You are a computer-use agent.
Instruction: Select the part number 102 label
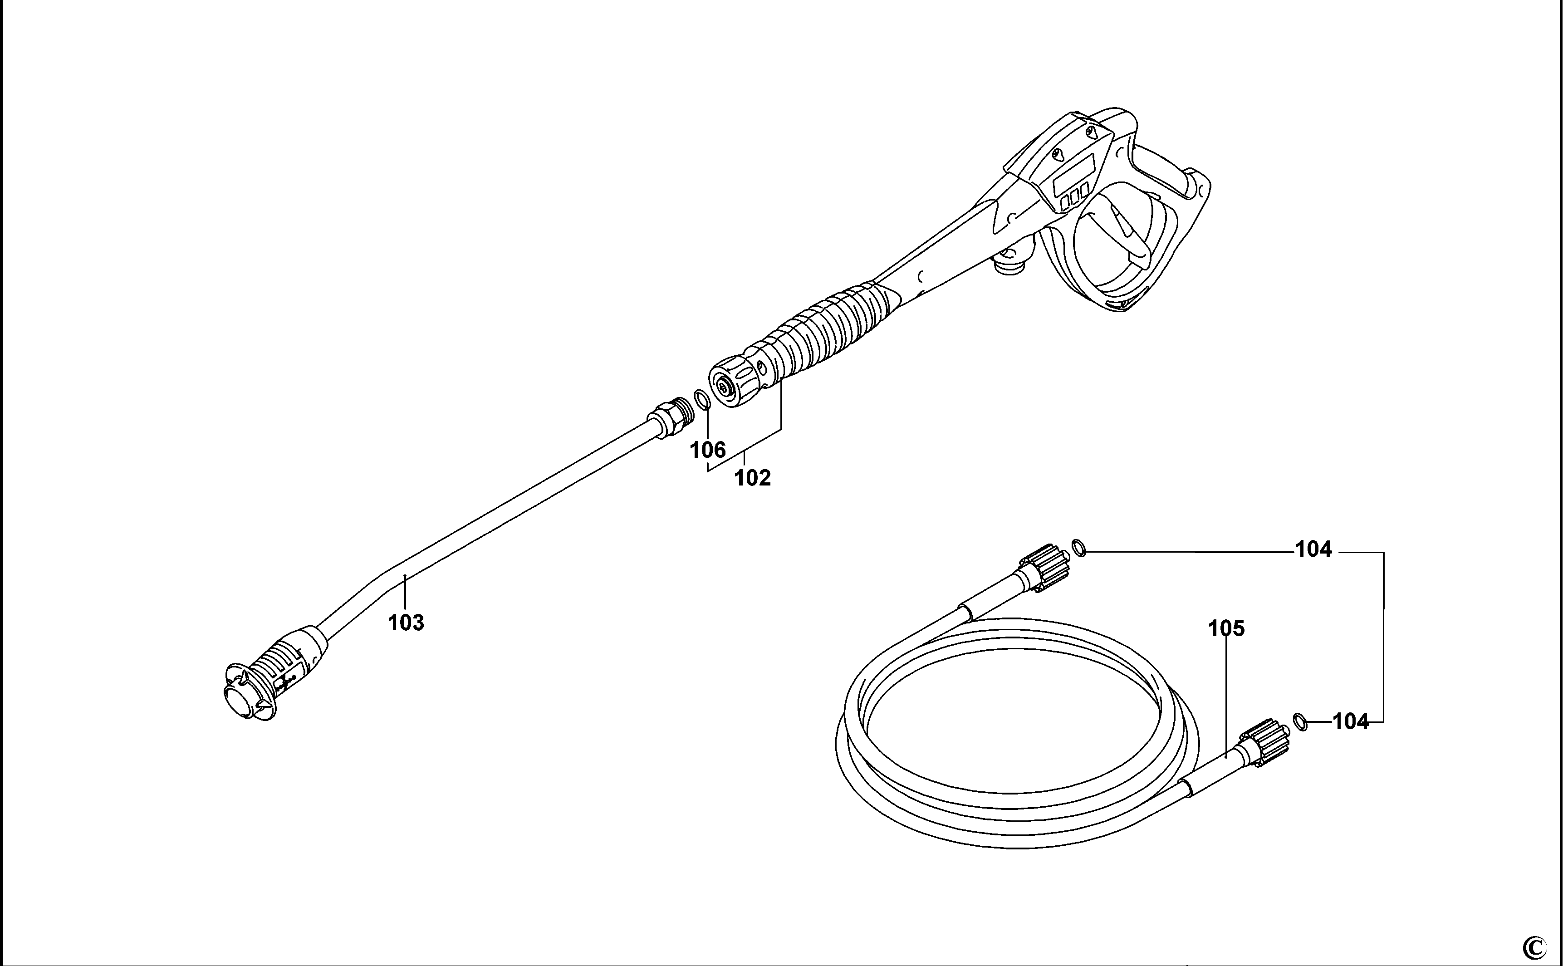(752, 477)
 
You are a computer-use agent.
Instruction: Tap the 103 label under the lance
(406, 622)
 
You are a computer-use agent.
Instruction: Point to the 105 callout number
(1226, 629)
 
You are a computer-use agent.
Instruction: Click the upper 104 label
(1313, 549)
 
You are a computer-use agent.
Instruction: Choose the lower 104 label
(1350, 722)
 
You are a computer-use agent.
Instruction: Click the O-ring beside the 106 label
(702, 400)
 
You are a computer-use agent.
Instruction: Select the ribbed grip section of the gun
(830, 332)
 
